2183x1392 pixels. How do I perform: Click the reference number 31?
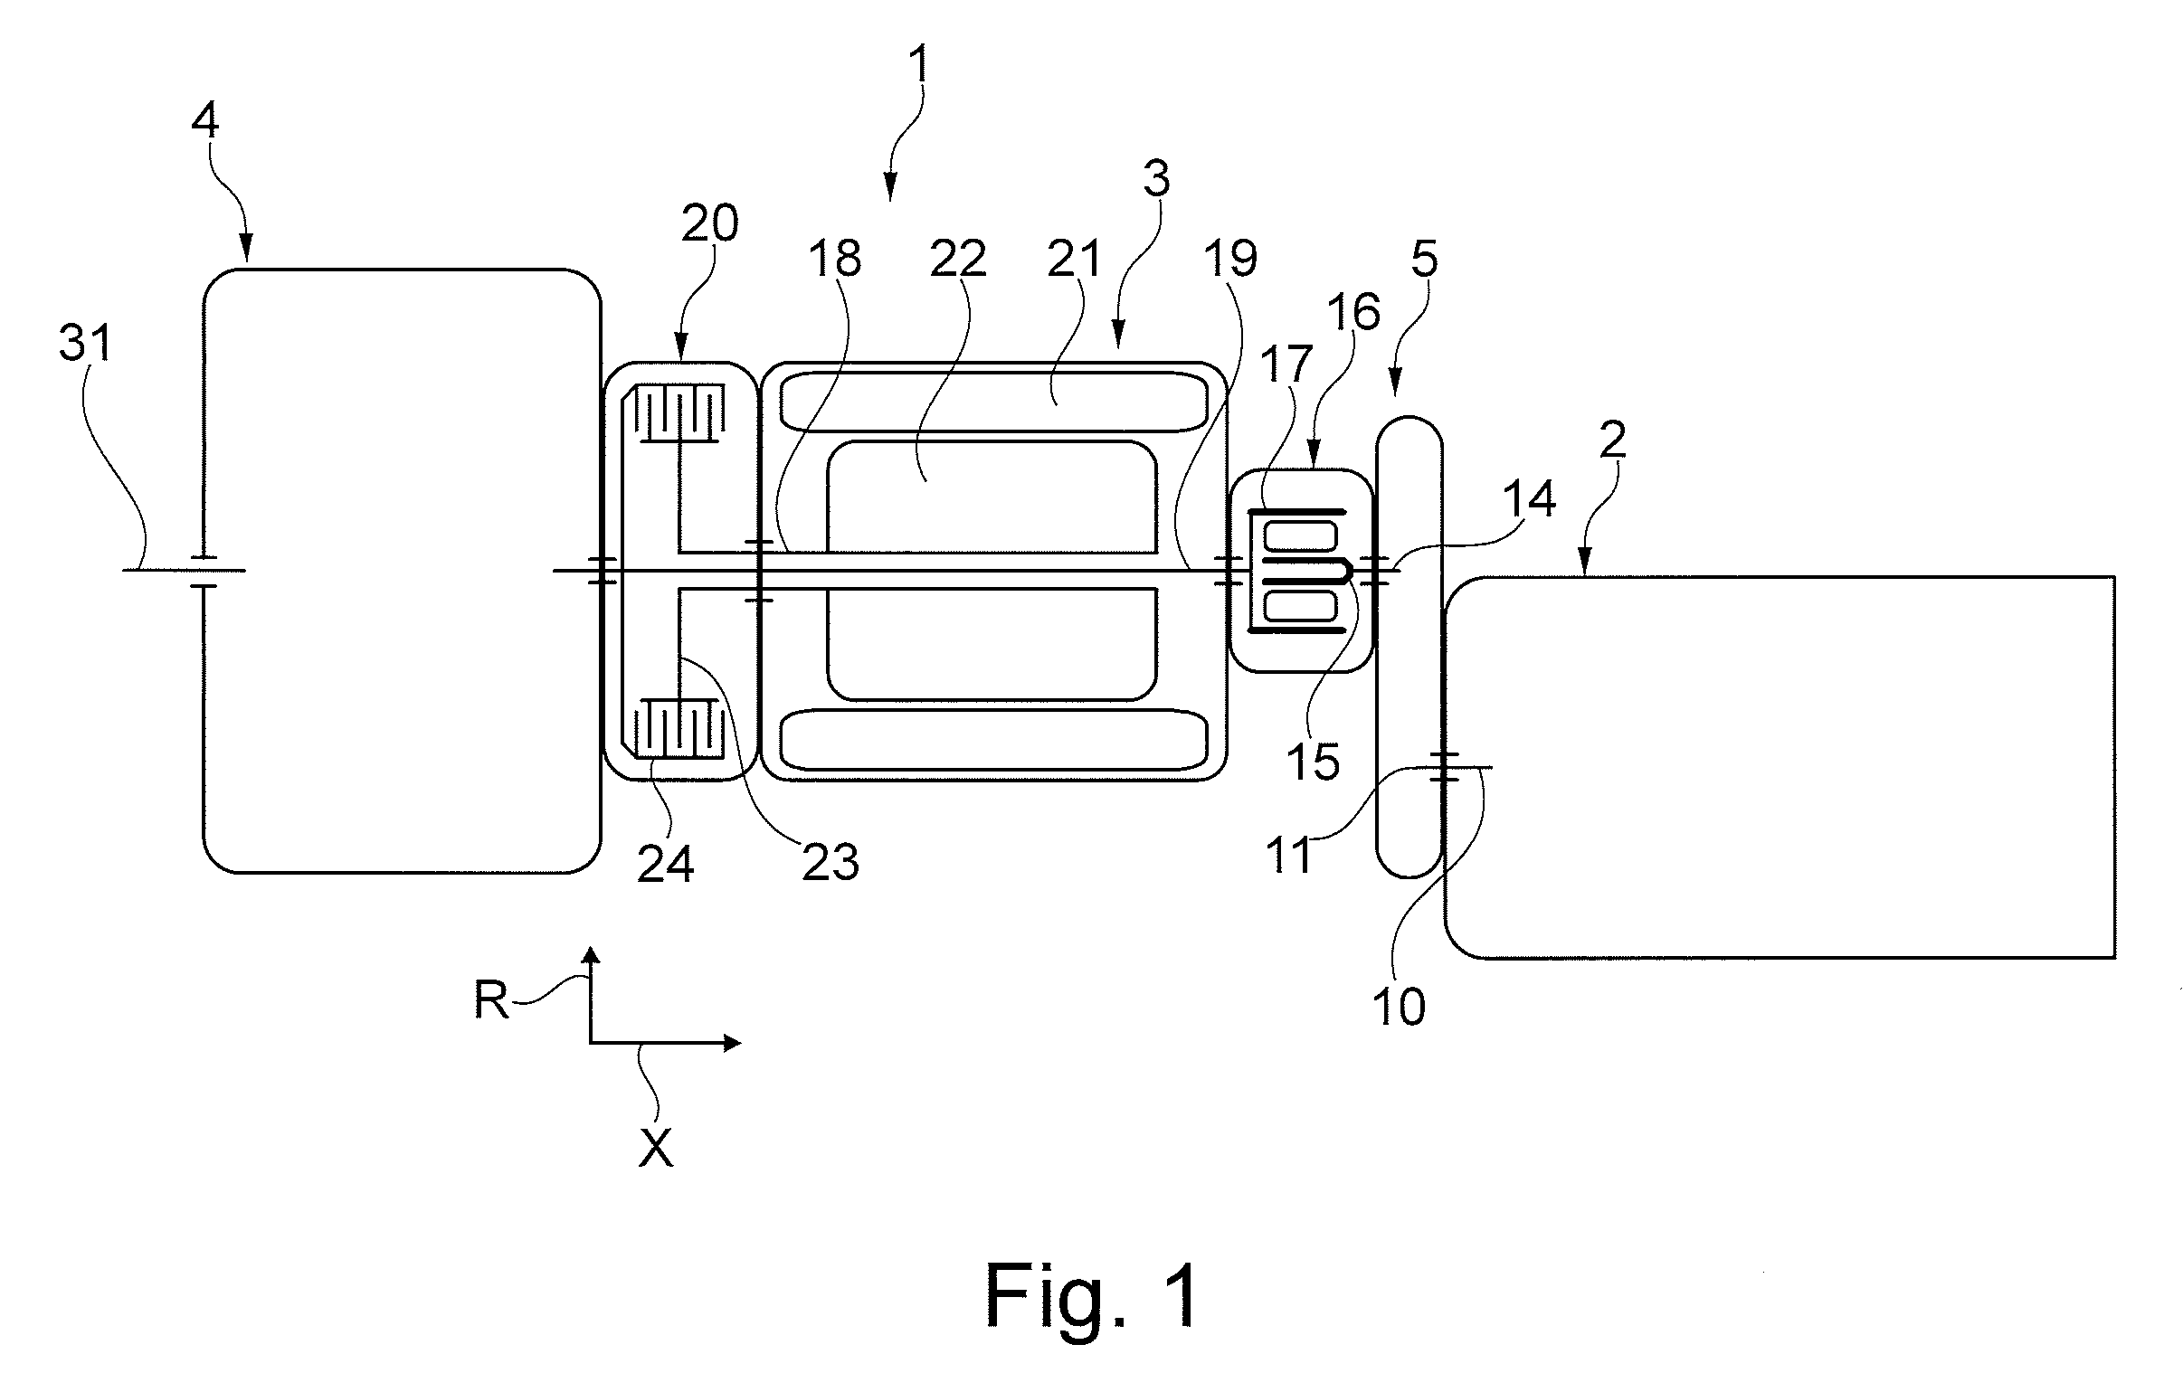coord(85,344)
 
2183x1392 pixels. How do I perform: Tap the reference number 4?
coord(204,120)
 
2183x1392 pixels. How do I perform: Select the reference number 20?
coord(710,223)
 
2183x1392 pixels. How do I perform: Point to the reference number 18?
coord(834,260)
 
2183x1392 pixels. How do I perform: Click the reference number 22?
coord(958,260)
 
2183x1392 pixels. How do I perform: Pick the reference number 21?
coord(1074,260)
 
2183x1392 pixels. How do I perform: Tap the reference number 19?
coord(1230,260)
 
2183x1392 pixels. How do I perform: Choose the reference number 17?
coord(1286,365)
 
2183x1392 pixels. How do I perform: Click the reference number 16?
coord(1354,312)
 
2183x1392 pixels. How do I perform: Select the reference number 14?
coord(1530,499)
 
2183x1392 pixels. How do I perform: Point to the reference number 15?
coord(1313,762)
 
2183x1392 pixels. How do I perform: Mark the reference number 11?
coord(1287,856)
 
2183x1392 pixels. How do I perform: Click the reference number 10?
coord(1400,1007)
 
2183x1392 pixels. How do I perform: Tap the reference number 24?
coord(666,865)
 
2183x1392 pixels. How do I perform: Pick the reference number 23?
coord(830,862)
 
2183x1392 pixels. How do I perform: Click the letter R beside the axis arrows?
coord(491,1001)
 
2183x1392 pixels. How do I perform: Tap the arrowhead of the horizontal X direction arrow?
coord(732,1043)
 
